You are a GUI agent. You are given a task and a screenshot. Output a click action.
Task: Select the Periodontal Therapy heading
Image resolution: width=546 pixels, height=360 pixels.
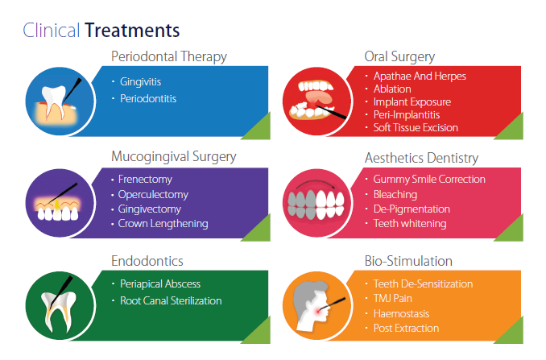tap(168, 57)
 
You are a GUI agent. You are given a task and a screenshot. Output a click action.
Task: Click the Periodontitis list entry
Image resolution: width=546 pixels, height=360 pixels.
tap(148, 98)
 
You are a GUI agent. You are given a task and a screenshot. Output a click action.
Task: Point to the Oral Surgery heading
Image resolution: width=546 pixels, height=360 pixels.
tap(399, 57)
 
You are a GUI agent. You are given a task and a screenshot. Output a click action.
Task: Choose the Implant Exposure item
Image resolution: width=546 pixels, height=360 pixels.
tap(412, 101)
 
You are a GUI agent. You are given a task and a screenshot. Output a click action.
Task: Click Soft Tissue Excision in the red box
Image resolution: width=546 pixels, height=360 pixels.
tap(416, 127)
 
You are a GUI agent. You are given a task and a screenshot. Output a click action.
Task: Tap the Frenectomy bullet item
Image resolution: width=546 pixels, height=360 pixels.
tap(145, 179)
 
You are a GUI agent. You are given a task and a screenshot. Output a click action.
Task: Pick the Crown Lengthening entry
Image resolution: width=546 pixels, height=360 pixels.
tap(163, 223)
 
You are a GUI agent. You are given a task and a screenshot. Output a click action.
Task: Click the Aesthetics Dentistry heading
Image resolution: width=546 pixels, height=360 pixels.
tap(421, 158)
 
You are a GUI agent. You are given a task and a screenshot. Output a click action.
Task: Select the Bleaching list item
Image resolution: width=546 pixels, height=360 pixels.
tap(395, 194)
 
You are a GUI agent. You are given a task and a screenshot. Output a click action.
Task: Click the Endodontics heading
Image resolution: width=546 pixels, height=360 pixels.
tap(147, 261)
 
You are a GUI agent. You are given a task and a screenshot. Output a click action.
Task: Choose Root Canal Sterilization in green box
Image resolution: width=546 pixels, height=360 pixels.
tap(170, 300)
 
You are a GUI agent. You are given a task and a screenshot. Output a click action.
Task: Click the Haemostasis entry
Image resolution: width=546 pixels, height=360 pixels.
tap(401, 313)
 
